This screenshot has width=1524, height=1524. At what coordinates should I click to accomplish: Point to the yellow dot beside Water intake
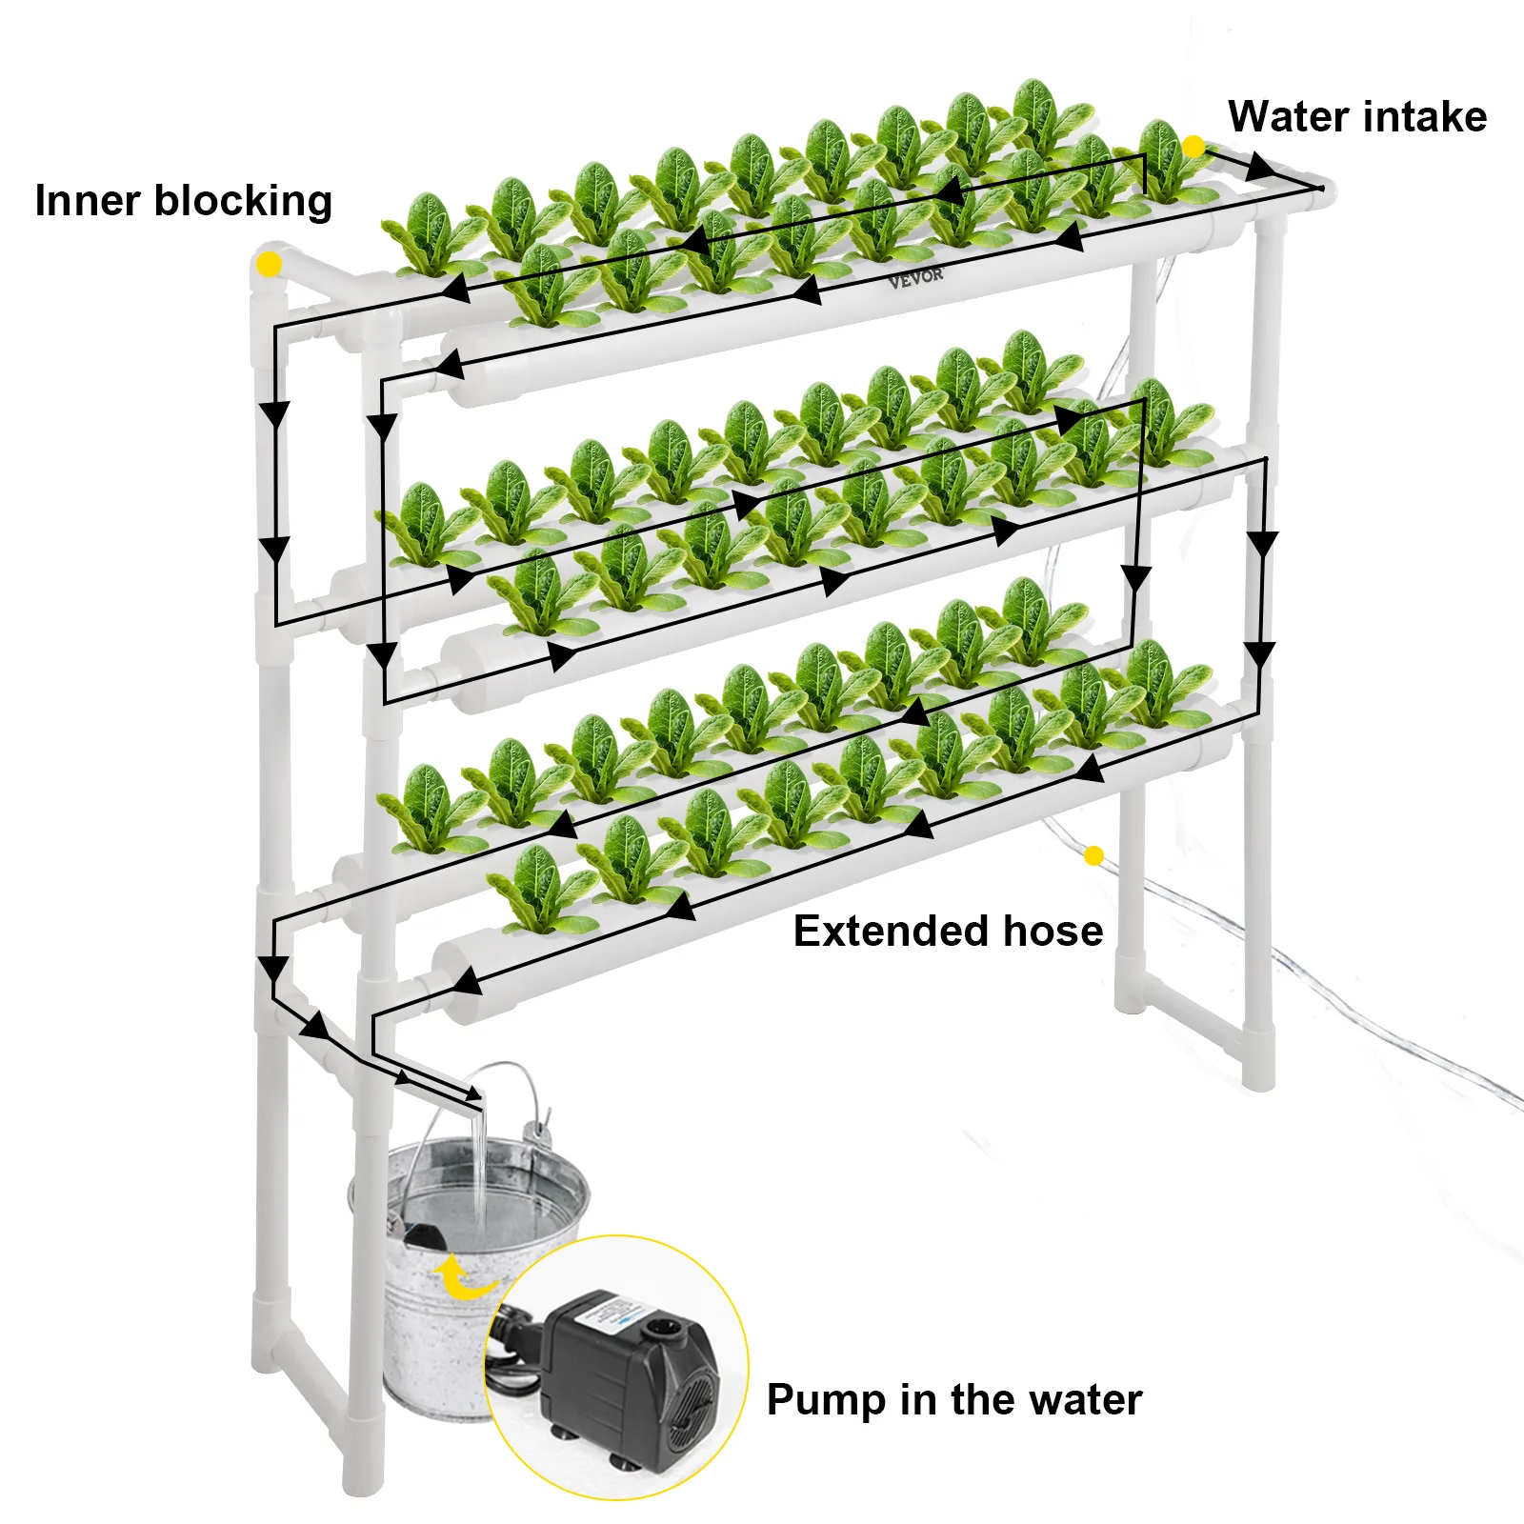tap(1193, 147)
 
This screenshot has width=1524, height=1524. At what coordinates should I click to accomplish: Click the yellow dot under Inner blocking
tap(270, 264)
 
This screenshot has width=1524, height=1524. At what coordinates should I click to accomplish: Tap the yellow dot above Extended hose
tap(1093, 855)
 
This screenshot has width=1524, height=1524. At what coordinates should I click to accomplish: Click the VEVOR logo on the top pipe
tap(915, 277)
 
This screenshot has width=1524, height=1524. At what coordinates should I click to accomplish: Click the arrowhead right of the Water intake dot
tap(1260, 168)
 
